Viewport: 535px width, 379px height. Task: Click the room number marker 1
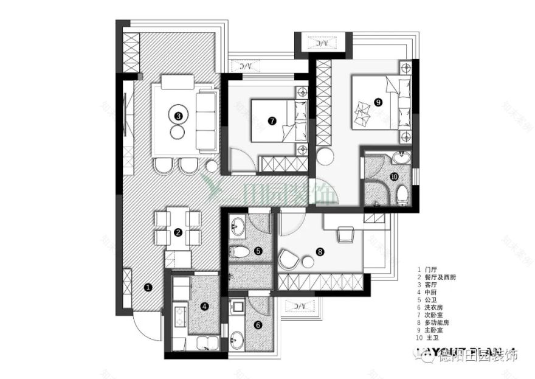147,286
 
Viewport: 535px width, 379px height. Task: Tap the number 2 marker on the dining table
178,232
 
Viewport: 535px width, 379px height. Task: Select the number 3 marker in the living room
178,115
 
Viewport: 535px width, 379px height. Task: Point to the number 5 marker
258,250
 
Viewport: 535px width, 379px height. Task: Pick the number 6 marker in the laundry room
258,325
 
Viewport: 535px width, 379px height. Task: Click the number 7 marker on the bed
272,120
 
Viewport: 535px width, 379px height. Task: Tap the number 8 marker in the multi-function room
320,250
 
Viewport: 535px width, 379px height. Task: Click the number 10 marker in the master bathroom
393,177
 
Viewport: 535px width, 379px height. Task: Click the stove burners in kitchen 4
181,316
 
